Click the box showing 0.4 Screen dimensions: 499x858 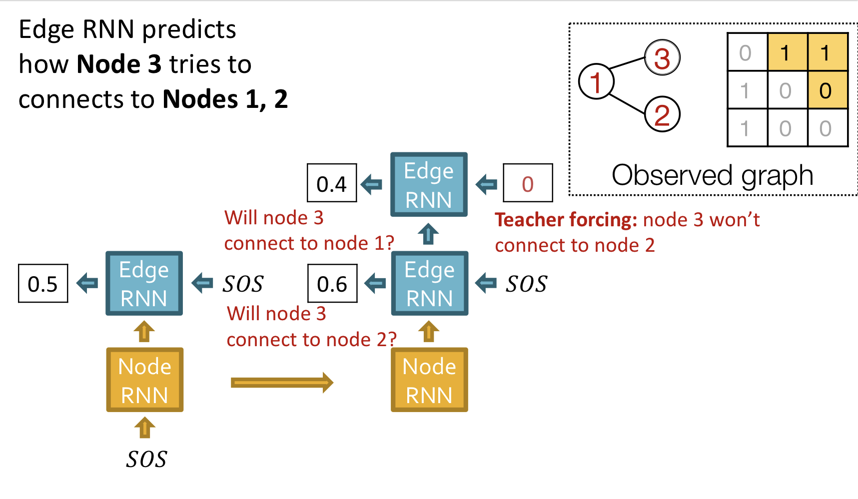332,183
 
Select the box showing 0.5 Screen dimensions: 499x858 43,283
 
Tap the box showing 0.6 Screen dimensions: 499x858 332,283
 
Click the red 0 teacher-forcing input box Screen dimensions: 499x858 528,183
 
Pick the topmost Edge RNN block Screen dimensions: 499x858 429,184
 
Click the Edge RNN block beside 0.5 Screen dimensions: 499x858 144,283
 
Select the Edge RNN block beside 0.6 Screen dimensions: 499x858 429,283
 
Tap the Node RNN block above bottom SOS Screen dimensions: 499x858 144,380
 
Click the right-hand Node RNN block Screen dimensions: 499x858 429,380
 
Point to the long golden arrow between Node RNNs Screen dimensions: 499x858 282,383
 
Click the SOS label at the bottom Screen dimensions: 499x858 146,459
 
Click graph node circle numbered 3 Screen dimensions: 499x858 662,58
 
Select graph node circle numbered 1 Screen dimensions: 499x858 596,81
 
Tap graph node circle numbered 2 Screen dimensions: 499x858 662,115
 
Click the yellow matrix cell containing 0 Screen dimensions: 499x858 827,90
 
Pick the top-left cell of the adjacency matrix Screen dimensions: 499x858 747,52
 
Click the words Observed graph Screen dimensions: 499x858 712,175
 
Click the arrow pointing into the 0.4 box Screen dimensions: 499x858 371,184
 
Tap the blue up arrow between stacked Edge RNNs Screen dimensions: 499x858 428,234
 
